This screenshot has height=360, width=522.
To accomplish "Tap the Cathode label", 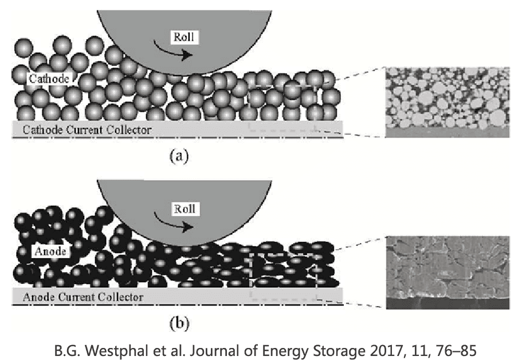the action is click(49, 79).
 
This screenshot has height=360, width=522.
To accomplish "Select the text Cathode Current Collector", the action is click(87, 130).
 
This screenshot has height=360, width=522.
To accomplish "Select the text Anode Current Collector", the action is click(83, 297).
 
